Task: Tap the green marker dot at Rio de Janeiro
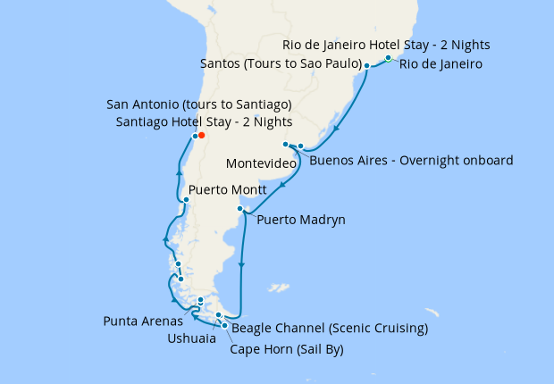[x=388, y=58]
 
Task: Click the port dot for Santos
[x=366, y=66]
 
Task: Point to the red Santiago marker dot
[x=202, y=136]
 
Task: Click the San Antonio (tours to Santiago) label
[x=198, y=104]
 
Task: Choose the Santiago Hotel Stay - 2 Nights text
[x=204, y=121]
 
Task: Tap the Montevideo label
[x=262, y=164]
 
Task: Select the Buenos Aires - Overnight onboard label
[x=411, y=161]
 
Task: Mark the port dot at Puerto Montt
[x=186, y=199]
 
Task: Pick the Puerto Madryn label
[x=300, y=220]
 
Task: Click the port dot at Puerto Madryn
[x=239, y=209]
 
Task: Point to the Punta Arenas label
[x=143, y=321]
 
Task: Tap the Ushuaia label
[x=190, y=338]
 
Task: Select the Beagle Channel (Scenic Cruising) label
[x=330, y=329]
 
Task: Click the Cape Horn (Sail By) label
[x=287, y=348]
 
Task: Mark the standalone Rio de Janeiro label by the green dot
[x=441, y=64]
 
